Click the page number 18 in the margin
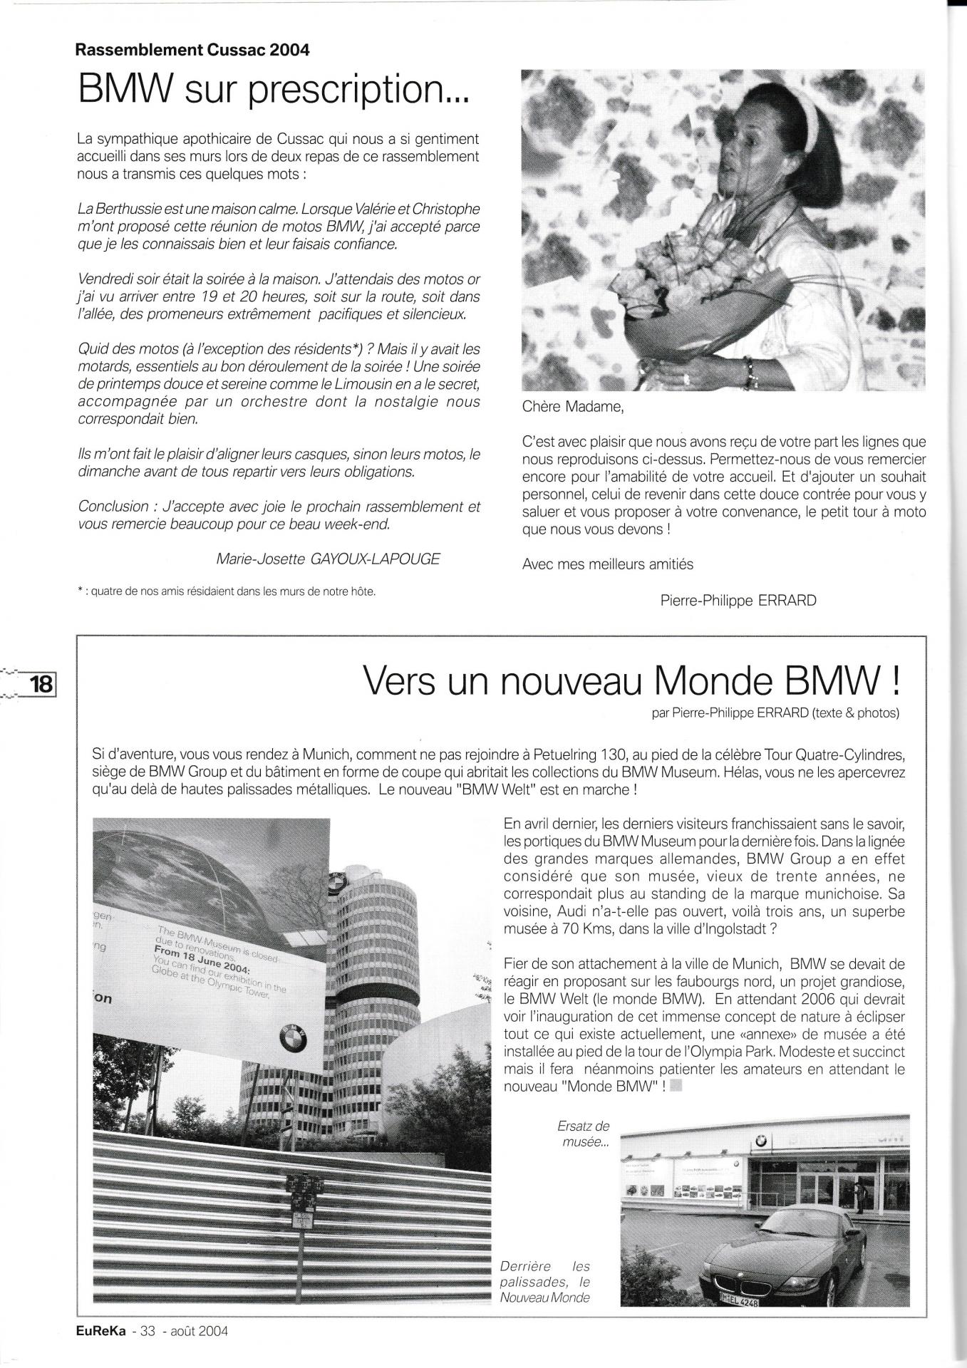[x=40, y=684]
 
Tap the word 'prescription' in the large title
[x=357, y=90]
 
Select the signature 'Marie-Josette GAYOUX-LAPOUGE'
[x=329, y=559]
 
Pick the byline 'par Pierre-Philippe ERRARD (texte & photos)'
[x=775, y=712]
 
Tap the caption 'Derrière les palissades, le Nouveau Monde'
[x=546, y=1281]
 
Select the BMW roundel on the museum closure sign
[x=292, y=1041]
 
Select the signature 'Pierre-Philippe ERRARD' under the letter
[x=738, y=600]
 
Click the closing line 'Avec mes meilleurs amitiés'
[x=607, y=564]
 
